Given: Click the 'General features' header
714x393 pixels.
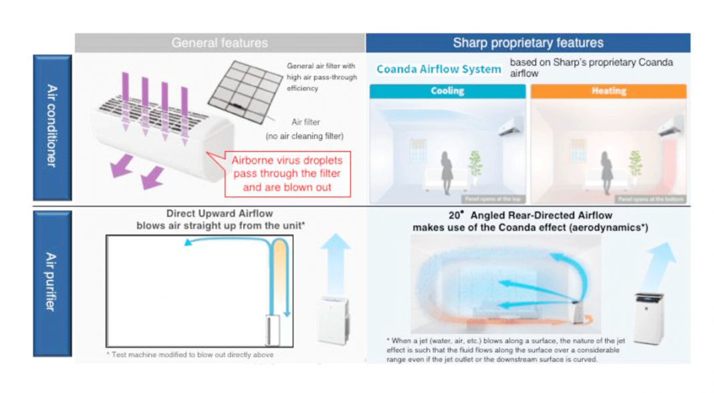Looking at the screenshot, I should pos(219,43).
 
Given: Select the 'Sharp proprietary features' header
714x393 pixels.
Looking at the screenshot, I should pos(527,43).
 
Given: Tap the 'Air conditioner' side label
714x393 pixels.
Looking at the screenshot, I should pos(51,127).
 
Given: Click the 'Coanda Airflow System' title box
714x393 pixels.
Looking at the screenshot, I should pos(439,69).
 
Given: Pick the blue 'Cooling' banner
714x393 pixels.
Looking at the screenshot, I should pos(447,91).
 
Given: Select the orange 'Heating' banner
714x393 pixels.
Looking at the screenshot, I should pos(608,91).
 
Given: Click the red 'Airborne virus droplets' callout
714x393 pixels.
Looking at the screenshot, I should pos(287,174).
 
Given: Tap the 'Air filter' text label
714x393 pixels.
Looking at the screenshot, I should pos(306,122).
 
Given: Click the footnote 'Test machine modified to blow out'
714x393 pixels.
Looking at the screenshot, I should pos(190,355).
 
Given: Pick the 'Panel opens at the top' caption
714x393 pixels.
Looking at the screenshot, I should pos(495,199).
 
